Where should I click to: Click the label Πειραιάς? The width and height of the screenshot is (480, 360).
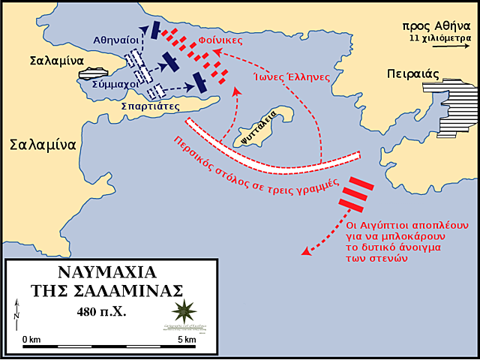[x=410, y=74]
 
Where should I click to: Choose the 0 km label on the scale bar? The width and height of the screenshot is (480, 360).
[x=31, y=340]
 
